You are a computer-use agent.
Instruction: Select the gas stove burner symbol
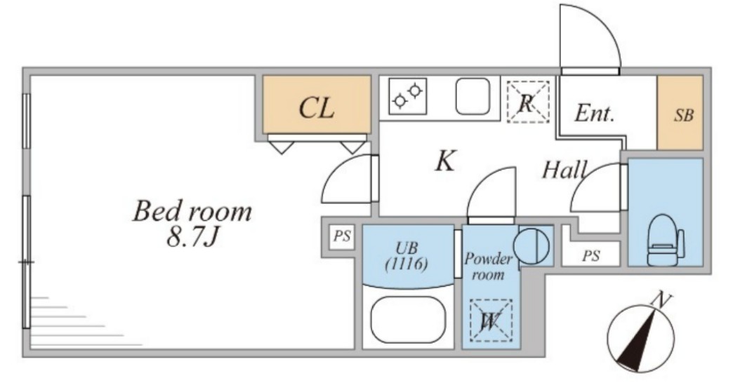[408, 96]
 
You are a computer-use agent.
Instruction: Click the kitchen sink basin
[473, 96]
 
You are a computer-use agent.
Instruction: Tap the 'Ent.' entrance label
[594, 114]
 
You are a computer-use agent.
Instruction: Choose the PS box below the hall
[590, 255]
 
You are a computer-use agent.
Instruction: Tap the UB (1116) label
[407, 256]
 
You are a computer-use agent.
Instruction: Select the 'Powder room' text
[489, 267]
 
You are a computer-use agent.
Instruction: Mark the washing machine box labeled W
[489, 321]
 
